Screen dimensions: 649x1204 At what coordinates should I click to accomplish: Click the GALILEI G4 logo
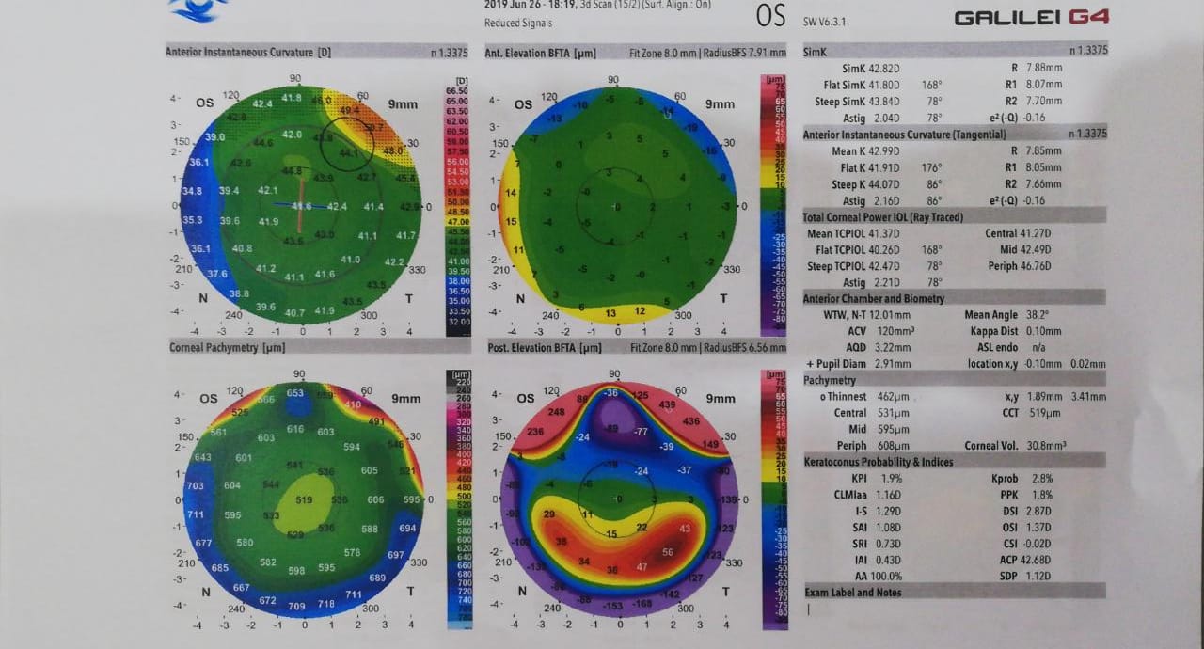tap(1031, 18)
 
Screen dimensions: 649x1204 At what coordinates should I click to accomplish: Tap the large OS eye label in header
tap(770, 16)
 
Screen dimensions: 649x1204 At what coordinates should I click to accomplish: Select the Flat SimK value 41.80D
tap(885, 85)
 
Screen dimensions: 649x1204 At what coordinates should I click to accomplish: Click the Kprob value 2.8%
tap(1041, 479)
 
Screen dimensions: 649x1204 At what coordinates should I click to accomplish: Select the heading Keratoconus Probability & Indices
tap(879, 462)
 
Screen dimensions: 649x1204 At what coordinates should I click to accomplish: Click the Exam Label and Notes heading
tap(853, 593)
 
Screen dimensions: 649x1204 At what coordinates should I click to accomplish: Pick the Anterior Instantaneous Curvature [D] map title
tap(247, 53)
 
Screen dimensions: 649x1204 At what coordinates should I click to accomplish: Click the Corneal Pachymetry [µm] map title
tap(227, 347)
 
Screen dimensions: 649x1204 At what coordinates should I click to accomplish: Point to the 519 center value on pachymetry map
tap(304, 500)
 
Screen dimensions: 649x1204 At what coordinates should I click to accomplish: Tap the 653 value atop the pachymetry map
tap(295, 393)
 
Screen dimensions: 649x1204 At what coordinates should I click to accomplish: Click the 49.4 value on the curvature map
tap(349, 110)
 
